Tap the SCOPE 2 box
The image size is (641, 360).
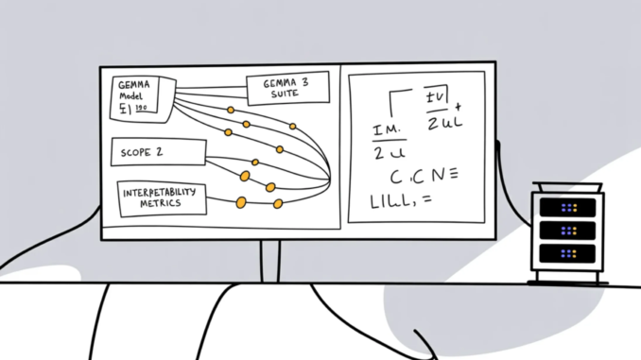[157, 150]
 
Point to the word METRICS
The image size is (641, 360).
[160, 204]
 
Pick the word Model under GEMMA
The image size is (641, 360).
[130, 97]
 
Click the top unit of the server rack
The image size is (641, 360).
[566, 207]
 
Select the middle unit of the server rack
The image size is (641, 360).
[566, 231]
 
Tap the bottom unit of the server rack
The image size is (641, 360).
[566, 254]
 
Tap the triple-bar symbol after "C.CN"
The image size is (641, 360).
[450, 173]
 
